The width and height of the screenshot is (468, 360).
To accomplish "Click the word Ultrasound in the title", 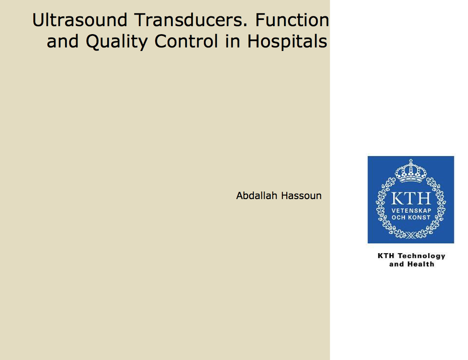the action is click(80, 20).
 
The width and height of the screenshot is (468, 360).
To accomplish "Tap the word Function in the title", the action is click(292, 20).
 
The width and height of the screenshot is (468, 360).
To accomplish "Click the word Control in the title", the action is click(186, 41).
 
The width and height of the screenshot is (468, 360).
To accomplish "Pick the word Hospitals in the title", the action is click(287, 41).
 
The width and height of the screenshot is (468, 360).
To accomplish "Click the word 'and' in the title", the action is click(62, 41).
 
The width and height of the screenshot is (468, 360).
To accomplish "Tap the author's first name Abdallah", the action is click(257, 196).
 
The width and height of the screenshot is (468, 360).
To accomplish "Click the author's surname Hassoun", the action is click(301, 196).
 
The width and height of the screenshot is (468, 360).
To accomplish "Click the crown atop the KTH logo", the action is click(411, 171).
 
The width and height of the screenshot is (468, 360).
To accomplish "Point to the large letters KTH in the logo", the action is click(411, 198).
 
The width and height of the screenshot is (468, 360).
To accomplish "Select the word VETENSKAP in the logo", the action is click(411, 211).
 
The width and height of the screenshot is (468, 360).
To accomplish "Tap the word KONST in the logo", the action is click(420, 217).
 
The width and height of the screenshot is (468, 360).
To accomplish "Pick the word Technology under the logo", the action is click(421, 256).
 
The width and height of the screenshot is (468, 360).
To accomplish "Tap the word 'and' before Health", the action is click(396, 264).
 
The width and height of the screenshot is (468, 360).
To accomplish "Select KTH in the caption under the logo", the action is click(386, 256).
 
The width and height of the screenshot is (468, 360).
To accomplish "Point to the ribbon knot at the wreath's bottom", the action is click(411, 235).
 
